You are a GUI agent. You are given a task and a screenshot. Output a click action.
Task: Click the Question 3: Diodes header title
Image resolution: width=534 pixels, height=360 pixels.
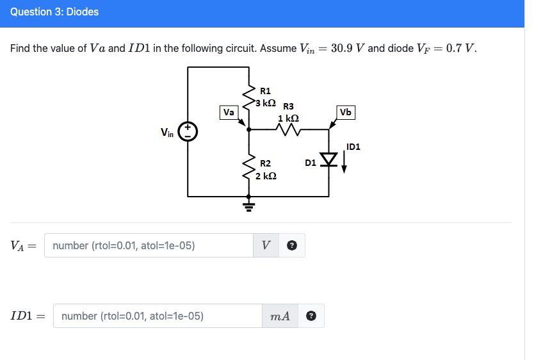point(54,12)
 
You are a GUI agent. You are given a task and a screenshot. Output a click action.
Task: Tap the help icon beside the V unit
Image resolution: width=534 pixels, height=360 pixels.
point(292,245)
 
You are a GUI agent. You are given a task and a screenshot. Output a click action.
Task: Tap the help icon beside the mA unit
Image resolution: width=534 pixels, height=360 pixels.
point(312,316)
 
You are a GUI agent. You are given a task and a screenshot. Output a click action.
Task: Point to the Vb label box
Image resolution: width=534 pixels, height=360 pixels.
point(346,112)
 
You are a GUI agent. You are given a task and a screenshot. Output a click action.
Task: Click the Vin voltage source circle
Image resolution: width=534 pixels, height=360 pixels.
point(188,133)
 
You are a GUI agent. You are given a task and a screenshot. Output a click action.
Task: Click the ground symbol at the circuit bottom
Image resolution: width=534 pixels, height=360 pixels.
point(249,206)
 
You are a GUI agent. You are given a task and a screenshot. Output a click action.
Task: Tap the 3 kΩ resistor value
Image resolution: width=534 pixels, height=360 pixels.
point(266,102)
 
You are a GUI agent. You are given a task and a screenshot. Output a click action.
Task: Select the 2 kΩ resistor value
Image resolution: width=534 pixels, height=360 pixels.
point(266,176)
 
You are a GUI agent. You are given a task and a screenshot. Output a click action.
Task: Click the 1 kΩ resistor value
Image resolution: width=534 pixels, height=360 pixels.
point(289,118)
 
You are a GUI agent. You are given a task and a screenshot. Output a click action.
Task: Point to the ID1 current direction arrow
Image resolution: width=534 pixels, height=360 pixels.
point(344,164)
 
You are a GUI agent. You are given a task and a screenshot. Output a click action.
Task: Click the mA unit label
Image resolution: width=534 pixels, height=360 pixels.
point(280,316)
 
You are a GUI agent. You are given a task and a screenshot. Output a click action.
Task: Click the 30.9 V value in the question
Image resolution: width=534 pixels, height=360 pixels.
point(348,48)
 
